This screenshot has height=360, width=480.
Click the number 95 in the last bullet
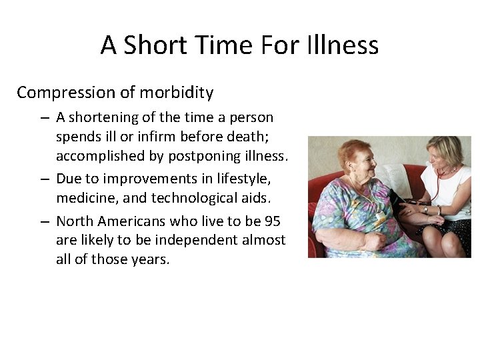271,221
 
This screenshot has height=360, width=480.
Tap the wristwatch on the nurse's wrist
425,209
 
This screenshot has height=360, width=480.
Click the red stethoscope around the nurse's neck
441,175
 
